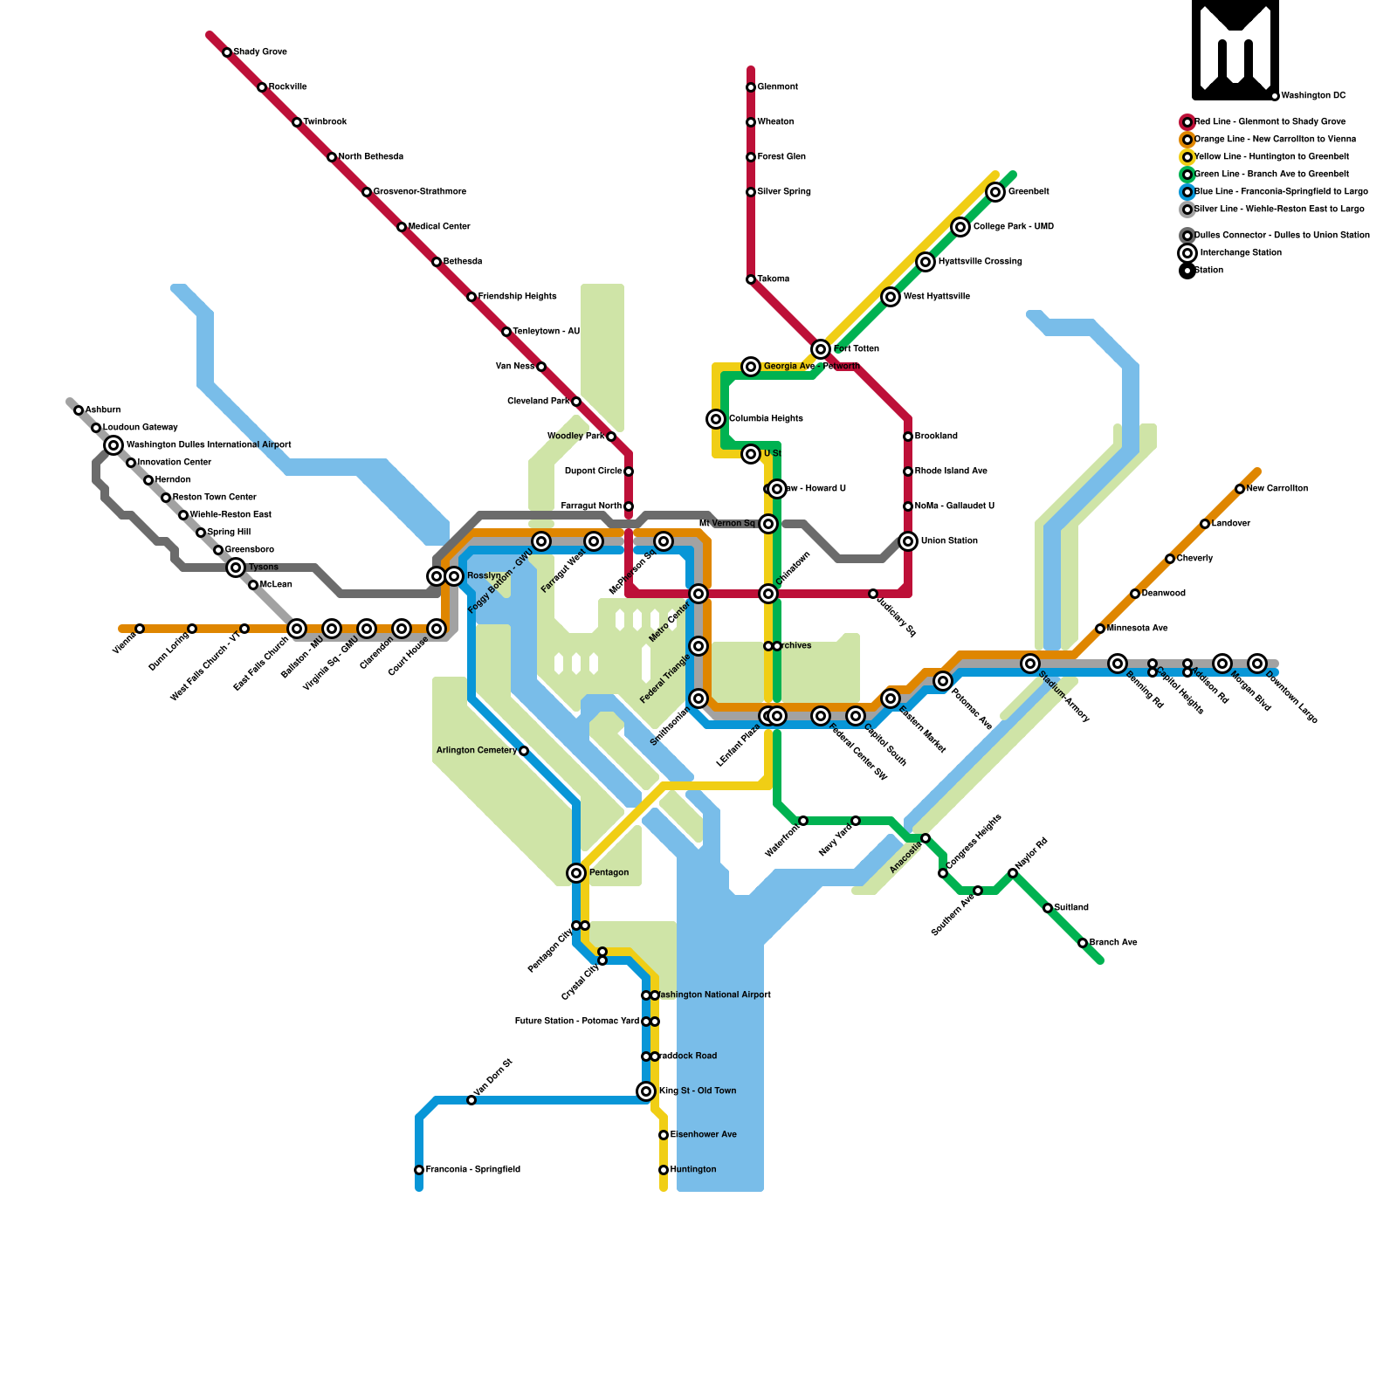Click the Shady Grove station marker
(x=227, y=52)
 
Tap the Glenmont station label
(x=777, y=87)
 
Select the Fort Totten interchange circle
(x=821, y=349)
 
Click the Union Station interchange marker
(x=908, y=541)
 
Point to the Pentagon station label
(x=609, y=873)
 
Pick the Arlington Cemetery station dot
(x=524, y=751)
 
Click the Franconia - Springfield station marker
(x=419, y=1170)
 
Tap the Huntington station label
(x=693, y=1170)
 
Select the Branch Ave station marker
(x=1083, y=943)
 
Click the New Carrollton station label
(x=1277, y=489)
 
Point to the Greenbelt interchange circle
(x=995, y=192)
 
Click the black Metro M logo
(x=1235, y=50)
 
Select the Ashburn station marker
(x=79, y=410)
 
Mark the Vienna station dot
(x=140, y=629)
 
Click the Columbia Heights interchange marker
(x=716, y=419)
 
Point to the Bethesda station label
(x=463, y=262)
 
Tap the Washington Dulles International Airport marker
(x=114, y=445)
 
